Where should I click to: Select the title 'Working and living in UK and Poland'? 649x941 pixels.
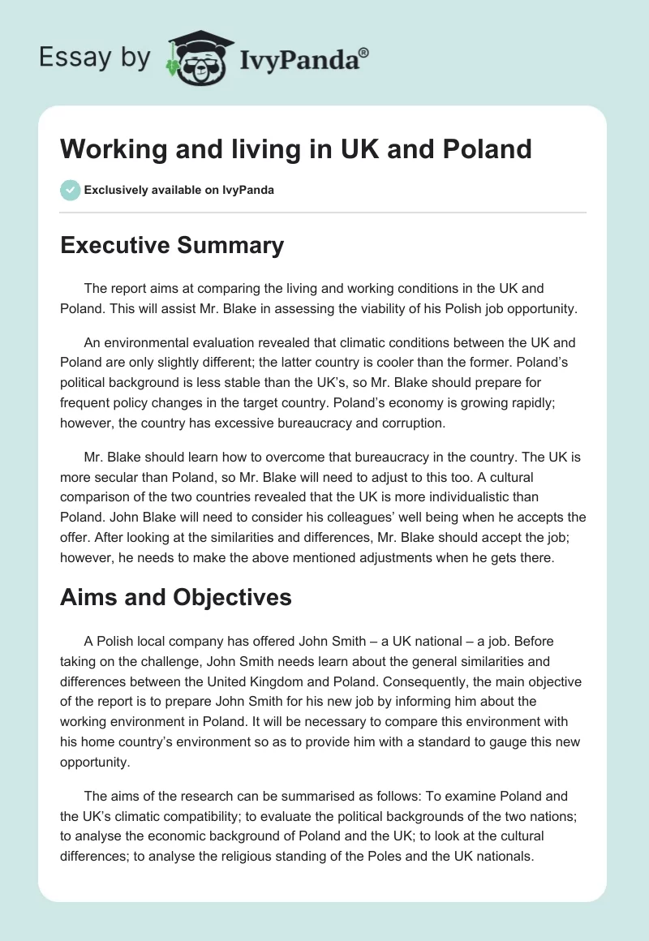click(x=296, y=149)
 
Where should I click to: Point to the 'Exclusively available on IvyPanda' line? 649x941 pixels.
click(x=179, y=191)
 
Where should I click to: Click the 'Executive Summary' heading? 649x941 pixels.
click(x=172, y=245)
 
